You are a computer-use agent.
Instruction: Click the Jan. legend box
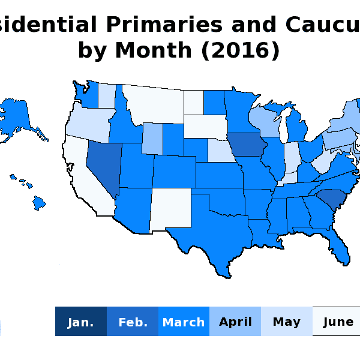[x=80, y=322]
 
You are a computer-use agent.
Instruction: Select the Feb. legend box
[x=133, y=322]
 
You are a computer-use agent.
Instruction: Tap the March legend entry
[x=184, y=322]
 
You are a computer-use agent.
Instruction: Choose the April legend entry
[x=235, y=322]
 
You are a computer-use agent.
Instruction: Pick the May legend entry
[x=286, y=322]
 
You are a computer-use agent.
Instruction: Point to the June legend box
[x=337, y=322]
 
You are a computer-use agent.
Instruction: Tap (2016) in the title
[x=241, y=51]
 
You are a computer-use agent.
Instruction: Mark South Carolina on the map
[x=329, y=197]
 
